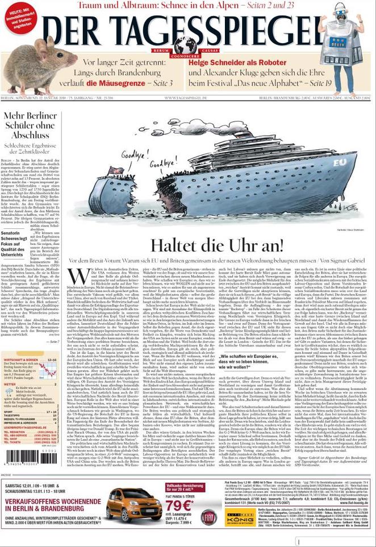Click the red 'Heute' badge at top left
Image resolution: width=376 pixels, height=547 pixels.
[19, 17]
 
